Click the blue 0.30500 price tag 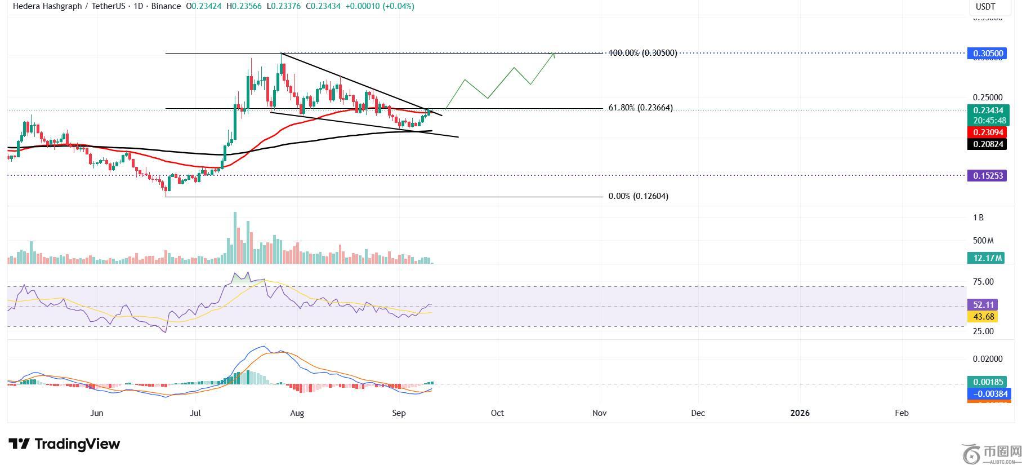[x=986, y=54]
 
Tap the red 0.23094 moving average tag [x=986, y=132]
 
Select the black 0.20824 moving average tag [x=986, y=144]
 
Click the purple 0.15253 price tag [x=986, y=176]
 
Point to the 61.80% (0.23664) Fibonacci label [x=640, y=108]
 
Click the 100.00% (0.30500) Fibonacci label [x=642, y=53]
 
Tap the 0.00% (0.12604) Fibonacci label [x=639, y=196]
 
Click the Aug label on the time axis [x=297, y=413]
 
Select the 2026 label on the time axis [x=800, y=413]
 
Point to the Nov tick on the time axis [x=599, y=413]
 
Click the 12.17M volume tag [x=986, y=258]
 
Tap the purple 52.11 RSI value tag [x=982, y=305]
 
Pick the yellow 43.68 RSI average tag [x=982, y=317]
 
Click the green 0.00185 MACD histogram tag [x=986, y=382]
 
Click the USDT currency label [x=985, y=7]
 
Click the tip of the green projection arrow [x=554, y=54]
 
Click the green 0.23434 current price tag [x=986, y=111]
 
